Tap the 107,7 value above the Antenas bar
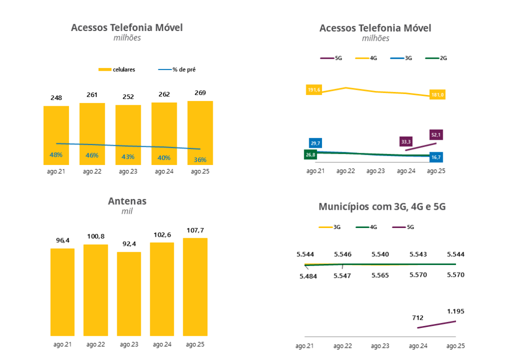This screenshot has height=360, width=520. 195,231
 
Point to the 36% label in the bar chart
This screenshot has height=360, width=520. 200,159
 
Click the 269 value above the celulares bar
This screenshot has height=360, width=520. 200,93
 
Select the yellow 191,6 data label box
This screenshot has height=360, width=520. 314,90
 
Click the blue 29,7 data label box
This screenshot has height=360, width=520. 315,144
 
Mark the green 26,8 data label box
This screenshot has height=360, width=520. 310,154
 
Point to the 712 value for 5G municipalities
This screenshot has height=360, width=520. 417,318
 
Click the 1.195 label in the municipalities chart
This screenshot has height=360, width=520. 456,311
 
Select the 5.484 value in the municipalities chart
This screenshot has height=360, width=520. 308,276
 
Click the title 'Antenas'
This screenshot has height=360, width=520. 127,201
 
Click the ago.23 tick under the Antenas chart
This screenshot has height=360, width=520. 129,344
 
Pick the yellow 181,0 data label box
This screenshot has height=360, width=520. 438,94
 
